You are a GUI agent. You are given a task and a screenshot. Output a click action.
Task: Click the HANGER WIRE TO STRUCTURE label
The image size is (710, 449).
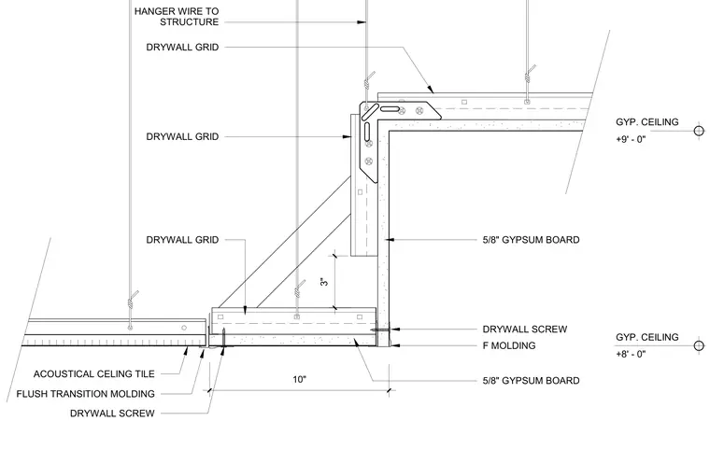(x=177, y=16)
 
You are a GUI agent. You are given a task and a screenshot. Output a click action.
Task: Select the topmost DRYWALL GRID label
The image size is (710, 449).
(x=182, y=47)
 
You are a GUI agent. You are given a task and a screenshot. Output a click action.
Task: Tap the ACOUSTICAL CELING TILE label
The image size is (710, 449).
(x=94, y=374)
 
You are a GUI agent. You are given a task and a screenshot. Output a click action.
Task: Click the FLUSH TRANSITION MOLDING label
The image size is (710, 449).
(x=86, y=394)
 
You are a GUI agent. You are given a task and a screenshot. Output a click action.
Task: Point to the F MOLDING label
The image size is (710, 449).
(x=509, y=345)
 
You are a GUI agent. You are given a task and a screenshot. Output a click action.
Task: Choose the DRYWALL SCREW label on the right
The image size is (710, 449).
(x=525, y=330)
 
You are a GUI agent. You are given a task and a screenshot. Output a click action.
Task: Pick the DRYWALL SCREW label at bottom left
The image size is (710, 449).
(x=112, y=414)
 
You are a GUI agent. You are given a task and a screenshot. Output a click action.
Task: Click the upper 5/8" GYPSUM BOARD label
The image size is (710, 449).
(x=532, y=240)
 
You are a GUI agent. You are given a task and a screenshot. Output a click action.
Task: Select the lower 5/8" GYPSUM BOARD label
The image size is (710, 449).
(x=532, y=381)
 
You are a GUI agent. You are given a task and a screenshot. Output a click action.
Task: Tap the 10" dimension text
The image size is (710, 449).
(x=299, y=379)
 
